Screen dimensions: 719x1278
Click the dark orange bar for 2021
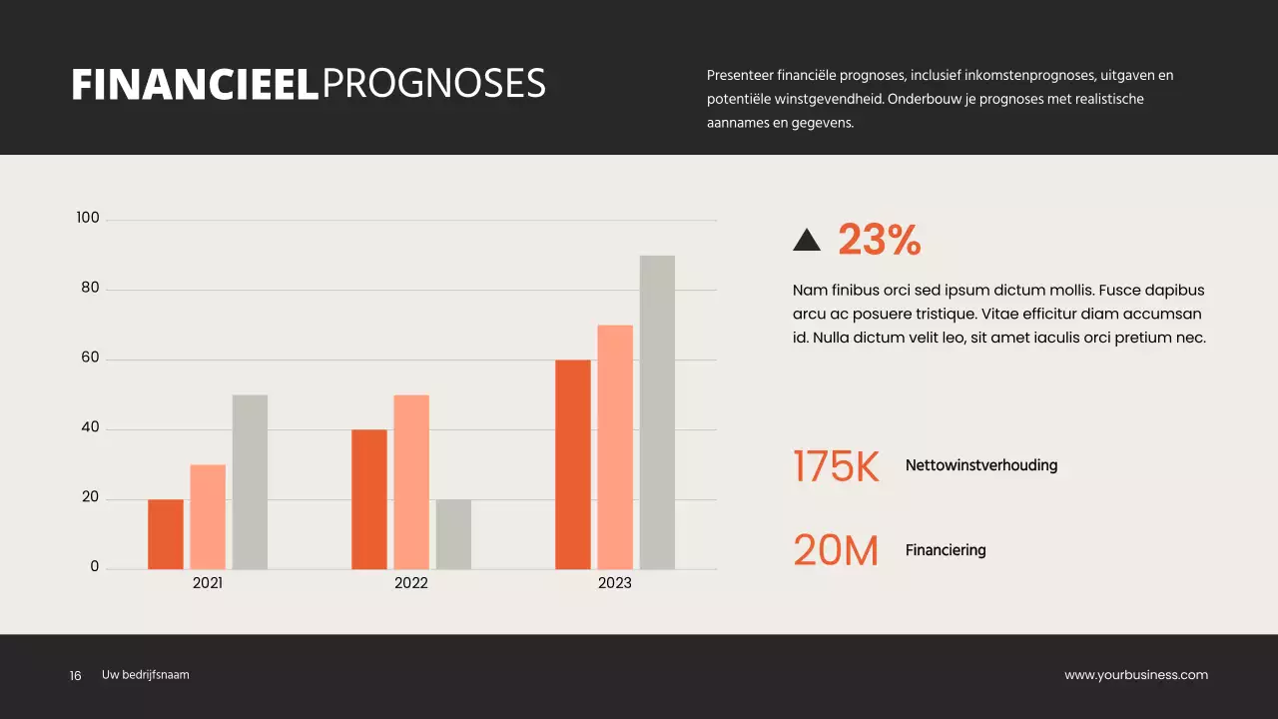click(166, 534)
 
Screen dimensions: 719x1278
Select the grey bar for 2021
click(250, 482)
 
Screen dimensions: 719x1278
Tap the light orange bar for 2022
click(411, 482)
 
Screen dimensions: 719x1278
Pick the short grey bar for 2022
click(453, 534)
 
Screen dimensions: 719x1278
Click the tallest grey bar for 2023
click(657, 412)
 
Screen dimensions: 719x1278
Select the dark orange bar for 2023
click(573, 464)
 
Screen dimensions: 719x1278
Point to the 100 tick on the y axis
click(88, 218)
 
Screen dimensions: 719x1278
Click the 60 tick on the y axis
click(90, 358)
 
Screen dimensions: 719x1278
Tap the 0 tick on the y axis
click(95, 566)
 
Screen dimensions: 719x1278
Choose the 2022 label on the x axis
click(411, 583)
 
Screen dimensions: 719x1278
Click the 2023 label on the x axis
click(615, 583)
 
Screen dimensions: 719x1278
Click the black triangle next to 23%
click(806, 240)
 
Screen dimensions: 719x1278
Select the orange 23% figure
click(879, 240)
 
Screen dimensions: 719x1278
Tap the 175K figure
click(836, 466)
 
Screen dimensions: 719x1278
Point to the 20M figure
click(836, 550)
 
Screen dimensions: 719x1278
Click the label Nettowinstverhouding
click(981, 465)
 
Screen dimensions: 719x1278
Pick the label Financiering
click(946, 550)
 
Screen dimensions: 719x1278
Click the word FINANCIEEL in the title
click(195, 85)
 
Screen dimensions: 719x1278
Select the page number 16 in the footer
click(75, 676)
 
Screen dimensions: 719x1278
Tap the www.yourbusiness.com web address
click(1136, 675)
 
